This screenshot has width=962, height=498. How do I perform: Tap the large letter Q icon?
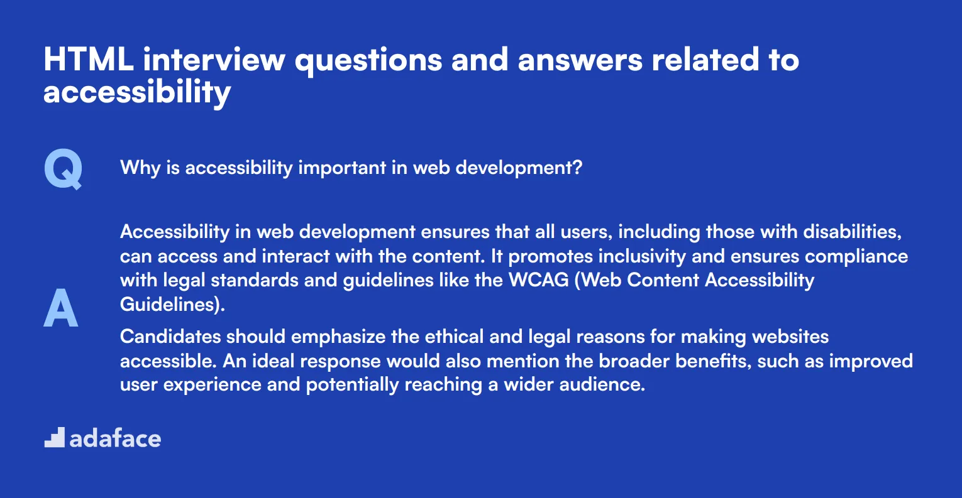coord(63,170)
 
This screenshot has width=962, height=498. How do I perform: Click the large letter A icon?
coord(61,308)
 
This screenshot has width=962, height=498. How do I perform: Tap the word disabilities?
coord(852,232)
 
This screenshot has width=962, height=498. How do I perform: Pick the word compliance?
coord(856,256)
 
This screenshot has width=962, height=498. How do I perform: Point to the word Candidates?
coord(170,337)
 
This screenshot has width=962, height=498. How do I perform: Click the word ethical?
coord(455,337)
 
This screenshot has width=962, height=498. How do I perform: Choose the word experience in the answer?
coord(212,385)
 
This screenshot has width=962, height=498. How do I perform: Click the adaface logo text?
coord(115,438)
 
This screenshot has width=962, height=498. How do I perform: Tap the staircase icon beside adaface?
coord(55,438)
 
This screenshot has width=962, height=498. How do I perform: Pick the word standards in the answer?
coord(255,281)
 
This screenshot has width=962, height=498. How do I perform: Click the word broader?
coord(634,361)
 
